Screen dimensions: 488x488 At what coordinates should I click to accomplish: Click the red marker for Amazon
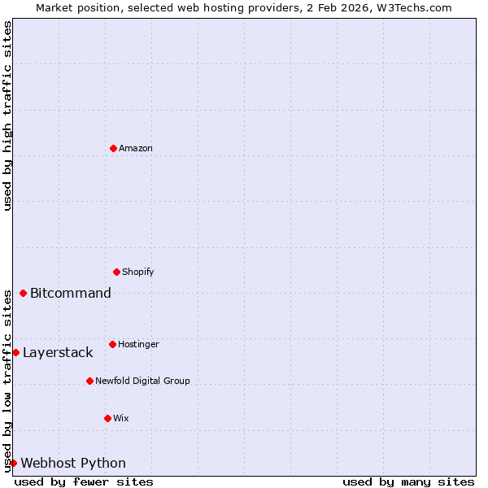coord(113,148)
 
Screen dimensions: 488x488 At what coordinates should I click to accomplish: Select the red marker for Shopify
coord(116,272)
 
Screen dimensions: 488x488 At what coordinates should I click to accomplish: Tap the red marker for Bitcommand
coord(23,293)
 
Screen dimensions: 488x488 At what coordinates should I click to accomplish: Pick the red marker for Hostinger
coord(112,344)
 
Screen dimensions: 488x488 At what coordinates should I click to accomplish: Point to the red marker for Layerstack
coord(15,352)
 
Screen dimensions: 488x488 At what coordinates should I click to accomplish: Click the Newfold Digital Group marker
coord(89,381)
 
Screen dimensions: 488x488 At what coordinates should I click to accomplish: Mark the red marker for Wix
coord(107,418)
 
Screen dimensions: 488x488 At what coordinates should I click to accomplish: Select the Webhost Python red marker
coord(13,463)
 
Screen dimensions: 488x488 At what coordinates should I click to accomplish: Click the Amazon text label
coord(136,148)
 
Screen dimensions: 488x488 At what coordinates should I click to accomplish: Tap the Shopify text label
coord(138,272)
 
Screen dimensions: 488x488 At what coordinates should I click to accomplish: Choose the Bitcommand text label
coord(71,293)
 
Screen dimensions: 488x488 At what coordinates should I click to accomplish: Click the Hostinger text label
coord(138,344)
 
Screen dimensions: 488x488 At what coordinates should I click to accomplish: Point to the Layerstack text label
coord(58,352)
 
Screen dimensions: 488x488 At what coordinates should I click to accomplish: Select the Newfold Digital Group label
coord(142,381)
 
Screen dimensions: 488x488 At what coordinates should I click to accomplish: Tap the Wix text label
coord(121,418)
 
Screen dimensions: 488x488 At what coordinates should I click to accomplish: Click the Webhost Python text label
coord(73,463)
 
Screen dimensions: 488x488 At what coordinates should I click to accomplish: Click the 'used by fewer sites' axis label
coord(84,481)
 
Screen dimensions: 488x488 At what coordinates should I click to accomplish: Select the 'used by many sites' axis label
coord(408,481)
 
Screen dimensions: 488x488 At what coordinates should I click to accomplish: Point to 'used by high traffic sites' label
coord(7,115)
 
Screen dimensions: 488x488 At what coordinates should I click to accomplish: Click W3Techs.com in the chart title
coord(414,7)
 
